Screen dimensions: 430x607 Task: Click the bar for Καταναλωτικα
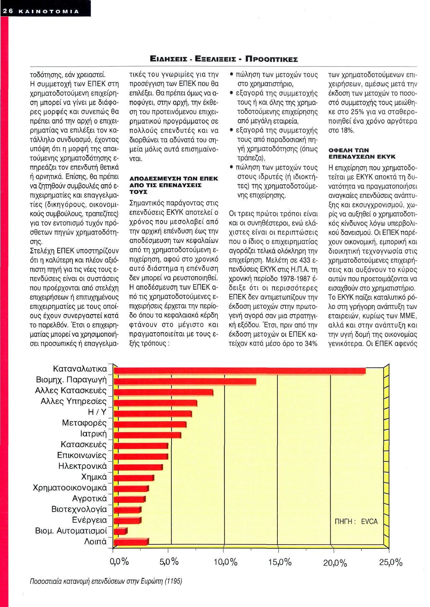pos(239,371)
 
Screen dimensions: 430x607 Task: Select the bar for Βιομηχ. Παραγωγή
pos(185,382)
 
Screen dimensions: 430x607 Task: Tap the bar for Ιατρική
pos(147,435)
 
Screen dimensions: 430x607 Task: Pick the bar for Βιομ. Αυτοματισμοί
pos(120,531)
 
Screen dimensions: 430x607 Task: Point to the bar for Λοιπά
pos(131,542)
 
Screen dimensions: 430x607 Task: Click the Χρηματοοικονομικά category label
pos(70,488)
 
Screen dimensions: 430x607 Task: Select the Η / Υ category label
pos(97,412)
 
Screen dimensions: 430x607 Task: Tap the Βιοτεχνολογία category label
pos(79,509)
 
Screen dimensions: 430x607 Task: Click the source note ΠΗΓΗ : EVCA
pos(356,521)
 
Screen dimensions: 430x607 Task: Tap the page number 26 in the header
pos(8,11)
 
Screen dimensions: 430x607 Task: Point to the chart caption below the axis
pos(106,581)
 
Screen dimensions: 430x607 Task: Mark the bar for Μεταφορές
pos(150,424)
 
